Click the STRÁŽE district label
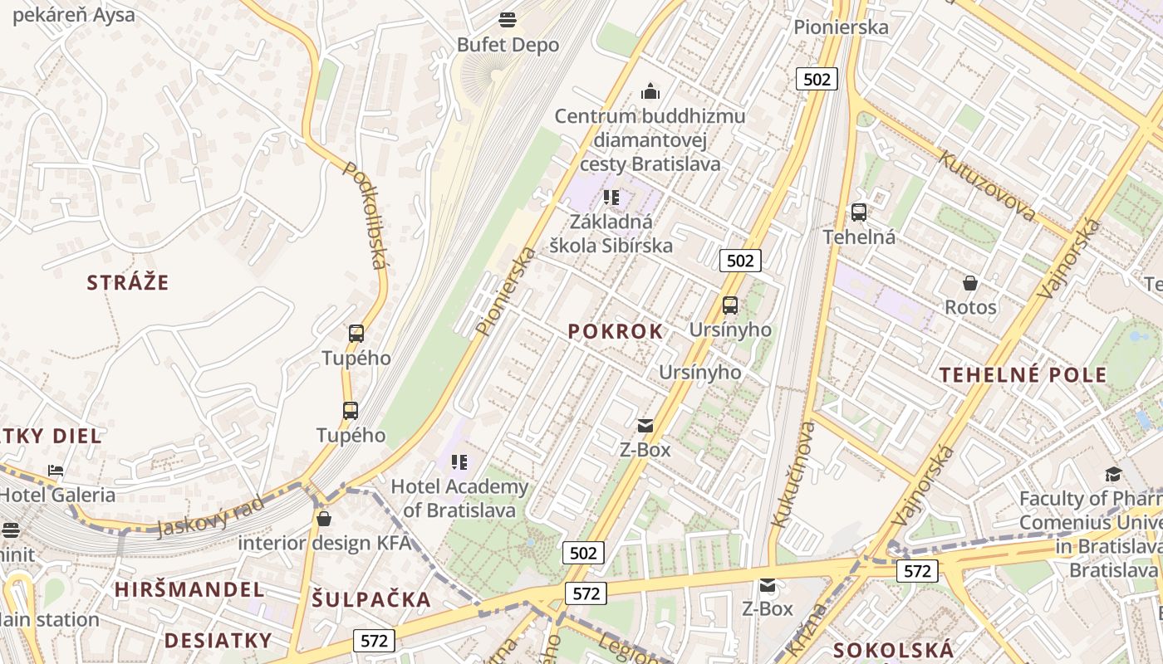128,282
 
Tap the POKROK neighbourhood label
616,331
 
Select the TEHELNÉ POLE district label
1023,374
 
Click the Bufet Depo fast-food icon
508,20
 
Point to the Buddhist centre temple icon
650,90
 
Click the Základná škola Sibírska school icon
611,198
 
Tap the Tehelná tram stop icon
859,212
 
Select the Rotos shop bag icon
970,283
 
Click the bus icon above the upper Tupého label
356,334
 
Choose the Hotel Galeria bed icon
56,471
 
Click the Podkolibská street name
366,215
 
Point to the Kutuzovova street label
987,186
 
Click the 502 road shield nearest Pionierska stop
816,79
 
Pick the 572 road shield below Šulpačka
374,641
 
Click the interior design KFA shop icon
324,519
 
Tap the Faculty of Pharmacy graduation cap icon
1112,474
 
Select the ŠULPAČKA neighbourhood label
371,599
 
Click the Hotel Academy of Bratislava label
459,498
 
